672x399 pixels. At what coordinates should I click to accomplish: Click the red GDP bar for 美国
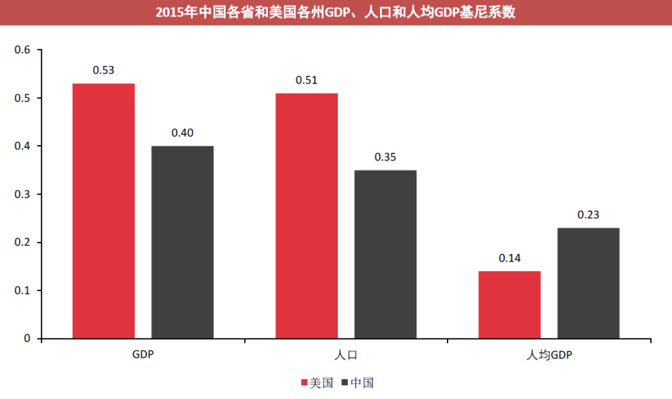coord(104,210)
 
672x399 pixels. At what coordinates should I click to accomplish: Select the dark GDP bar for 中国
coord(182,242)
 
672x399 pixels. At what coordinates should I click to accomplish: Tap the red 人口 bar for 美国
coord(306,216)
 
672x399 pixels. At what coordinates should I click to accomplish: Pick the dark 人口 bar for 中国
coord(385,254)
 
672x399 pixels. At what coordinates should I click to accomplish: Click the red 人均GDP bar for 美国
coord(510,304)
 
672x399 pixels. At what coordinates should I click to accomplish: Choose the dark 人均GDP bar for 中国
coord(589,283)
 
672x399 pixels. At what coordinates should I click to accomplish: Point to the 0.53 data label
coord(104,70)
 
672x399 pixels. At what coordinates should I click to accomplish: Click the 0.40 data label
coord(182,133)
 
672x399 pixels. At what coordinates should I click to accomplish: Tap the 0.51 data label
coord(306,80)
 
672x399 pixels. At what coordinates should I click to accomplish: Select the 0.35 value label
coord(385,157)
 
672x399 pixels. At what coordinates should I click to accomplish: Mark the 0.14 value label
coord(510,258)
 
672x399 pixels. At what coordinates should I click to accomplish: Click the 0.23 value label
coord(589,215)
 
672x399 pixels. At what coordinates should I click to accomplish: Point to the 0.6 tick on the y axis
coord(23,50)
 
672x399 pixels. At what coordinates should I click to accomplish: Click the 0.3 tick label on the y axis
coord(23,194)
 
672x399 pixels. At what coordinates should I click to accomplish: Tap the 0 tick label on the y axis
coord(28,339)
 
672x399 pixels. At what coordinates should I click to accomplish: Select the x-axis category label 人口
coord(346,356)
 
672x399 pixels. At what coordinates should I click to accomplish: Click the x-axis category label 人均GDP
coord(549,356)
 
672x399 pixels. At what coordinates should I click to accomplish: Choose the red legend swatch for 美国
coord(304,383)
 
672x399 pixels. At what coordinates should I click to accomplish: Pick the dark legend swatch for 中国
coord(345,383)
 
